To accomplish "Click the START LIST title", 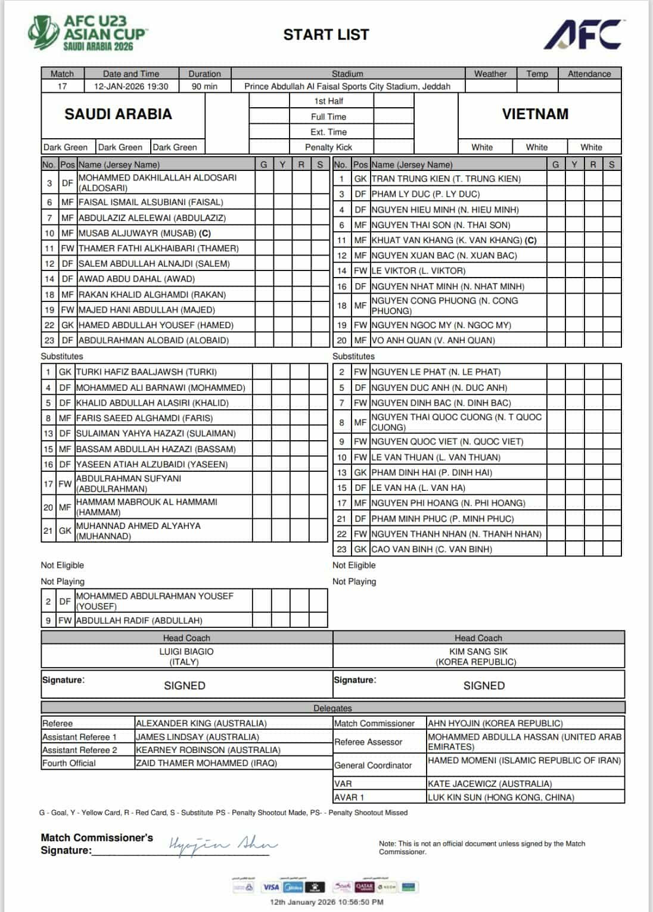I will coord(326,35).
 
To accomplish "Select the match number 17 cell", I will coord(62,86).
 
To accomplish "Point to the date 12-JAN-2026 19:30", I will coord(131,86).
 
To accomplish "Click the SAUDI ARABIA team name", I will coord(118,114).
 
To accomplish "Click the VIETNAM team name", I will coord(534,114).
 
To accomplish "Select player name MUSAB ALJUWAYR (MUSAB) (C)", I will coord(145,233).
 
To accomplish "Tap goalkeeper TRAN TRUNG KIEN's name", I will coord(446,179).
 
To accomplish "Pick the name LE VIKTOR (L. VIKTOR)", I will coord(418,270).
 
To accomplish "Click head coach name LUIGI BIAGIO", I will coord(186,652).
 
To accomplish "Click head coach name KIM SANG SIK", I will coord(478,652).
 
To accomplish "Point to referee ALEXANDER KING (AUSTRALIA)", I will coord(201,723).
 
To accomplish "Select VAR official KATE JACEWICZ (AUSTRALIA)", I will coord(490,784).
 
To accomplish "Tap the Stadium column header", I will coord(347,74).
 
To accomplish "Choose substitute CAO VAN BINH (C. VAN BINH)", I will coord(431,549).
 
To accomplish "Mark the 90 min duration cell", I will coord(204,86).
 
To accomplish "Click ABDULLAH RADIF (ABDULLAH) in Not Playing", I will coord(139,620).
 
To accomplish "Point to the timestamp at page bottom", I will coord(326,902).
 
